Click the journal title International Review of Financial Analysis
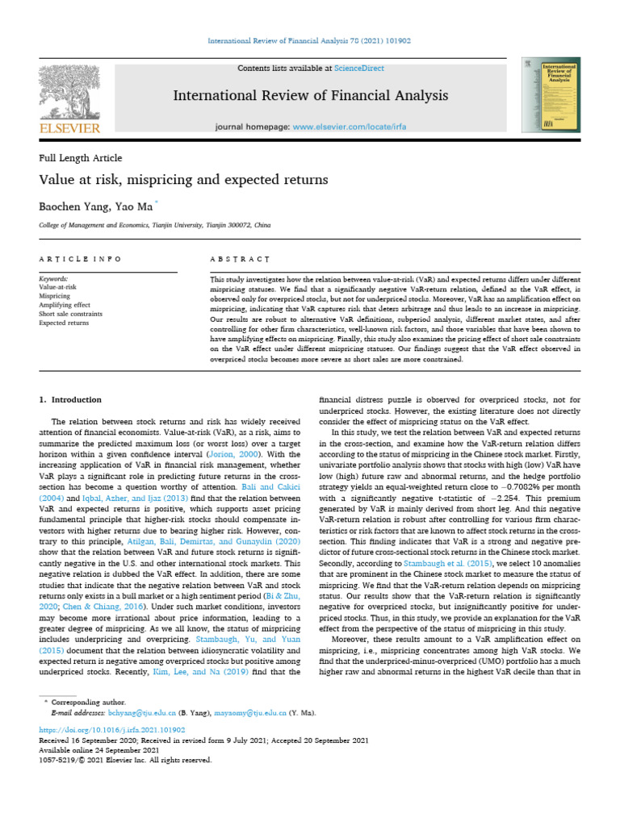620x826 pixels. [310, 96]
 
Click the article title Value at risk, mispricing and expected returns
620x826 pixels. [183, 180]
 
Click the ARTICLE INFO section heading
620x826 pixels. [80, 259]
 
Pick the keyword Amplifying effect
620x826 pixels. [65, 305]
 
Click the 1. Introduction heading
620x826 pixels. [70, 399]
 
